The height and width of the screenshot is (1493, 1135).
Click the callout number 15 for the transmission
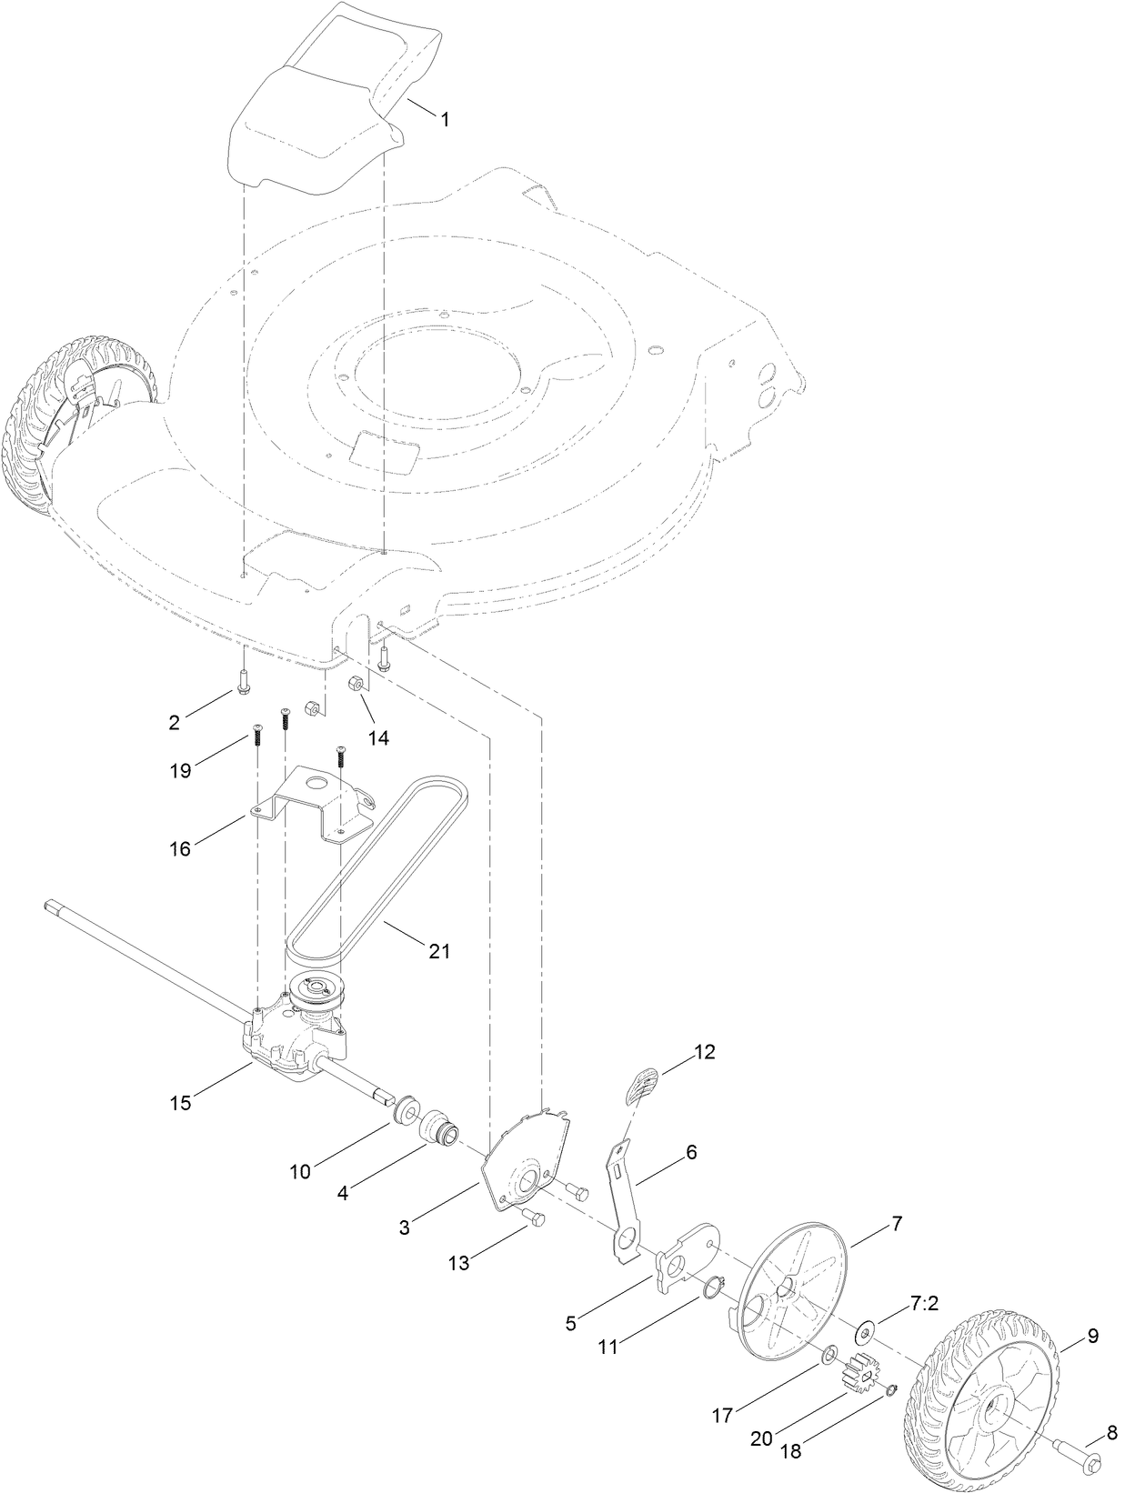tap(180, 1103)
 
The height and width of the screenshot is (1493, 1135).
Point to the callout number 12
tap(704, 1052)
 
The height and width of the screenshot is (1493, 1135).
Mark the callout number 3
tap(404, 1227)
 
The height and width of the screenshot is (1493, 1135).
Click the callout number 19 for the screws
tap(180, 770)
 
